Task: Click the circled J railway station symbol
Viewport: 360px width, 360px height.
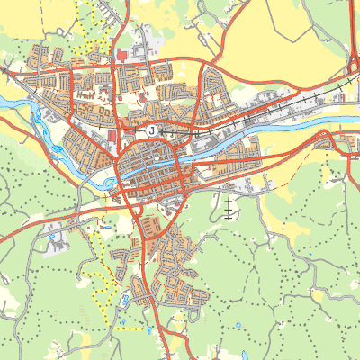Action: [151, 130]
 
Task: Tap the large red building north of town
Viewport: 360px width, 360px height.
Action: [121, 56]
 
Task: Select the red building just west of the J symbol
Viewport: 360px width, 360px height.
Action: [112, 136]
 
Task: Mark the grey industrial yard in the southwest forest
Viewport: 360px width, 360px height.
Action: [54, 229]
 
